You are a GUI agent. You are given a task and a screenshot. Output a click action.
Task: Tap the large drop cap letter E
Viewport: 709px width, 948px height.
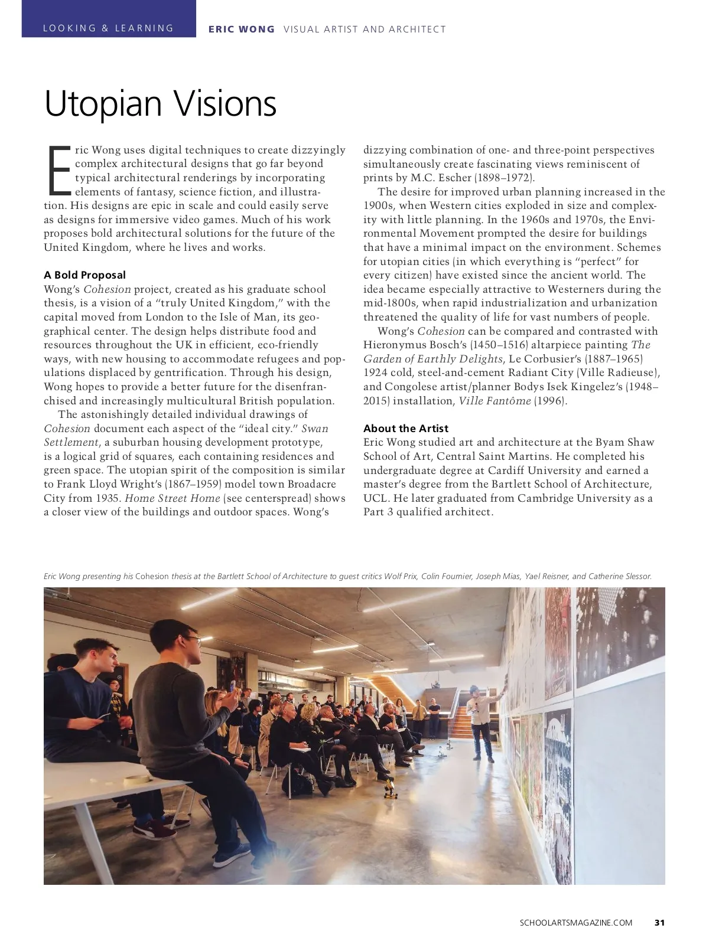point(58,170)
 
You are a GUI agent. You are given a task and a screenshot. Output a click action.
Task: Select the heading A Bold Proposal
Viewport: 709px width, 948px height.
point(84,275)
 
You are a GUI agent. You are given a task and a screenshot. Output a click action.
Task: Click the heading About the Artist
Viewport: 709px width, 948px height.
point(405,429)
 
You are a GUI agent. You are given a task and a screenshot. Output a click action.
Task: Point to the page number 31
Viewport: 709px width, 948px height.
point(659,923)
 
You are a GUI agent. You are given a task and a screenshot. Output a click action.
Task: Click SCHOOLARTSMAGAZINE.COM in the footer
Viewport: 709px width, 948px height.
point(576,923)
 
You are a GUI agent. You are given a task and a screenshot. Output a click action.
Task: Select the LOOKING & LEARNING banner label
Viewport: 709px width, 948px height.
point(108,28)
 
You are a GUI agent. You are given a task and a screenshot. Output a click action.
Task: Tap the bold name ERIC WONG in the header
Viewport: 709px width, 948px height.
point(241,29)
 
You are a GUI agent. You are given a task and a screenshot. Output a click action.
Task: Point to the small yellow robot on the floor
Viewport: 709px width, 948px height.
point(389,788)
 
